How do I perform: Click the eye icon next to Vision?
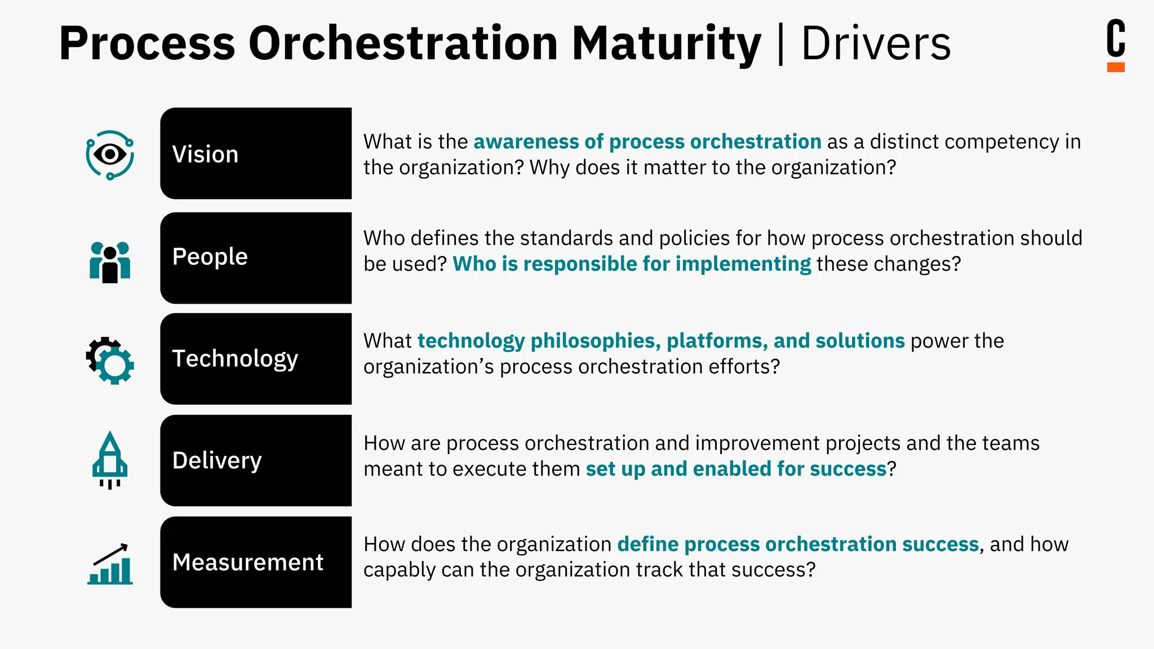point(110,155)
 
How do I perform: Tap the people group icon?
point(110,262)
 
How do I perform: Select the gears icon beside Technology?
point(110,361)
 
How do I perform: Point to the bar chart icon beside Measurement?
point(110,564)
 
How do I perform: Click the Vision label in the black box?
point(205,154)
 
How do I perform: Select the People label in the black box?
point(210,257)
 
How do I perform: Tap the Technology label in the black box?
point(235,359)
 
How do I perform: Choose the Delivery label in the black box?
point(217,460)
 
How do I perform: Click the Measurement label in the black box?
point(248,562)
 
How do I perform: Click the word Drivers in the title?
point(876,43)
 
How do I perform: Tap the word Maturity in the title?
point(666,43)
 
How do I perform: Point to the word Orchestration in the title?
point(403,43)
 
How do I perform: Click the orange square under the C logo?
point(1116,67)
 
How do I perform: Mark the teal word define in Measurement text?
point(647,544)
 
